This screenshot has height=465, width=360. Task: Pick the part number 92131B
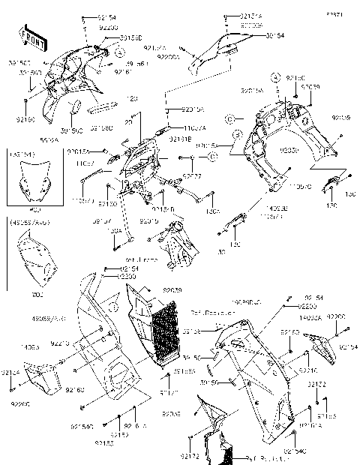pos(178,139)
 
